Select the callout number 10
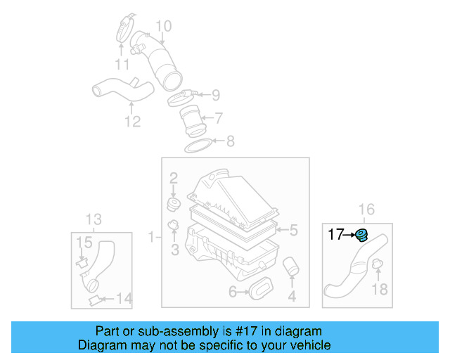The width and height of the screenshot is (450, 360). coord(163,27)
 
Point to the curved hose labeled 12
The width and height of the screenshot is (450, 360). coord(120,91)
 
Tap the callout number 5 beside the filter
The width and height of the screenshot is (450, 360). coord(294,229)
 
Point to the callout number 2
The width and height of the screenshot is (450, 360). coord(173,179)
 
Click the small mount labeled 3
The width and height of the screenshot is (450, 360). coord(173,226)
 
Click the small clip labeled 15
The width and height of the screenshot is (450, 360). coord(82,263)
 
